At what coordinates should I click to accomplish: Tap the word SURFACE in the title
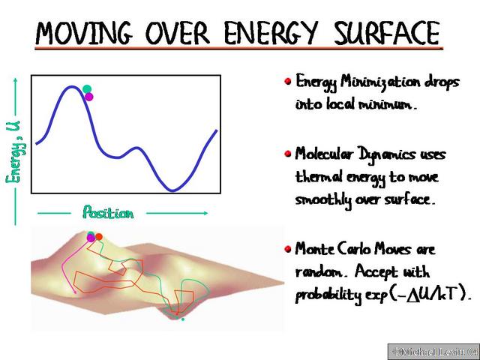385,34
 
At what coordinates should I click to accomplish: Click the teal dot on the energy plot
87,89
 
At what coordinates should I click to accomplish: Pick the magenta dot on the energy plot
89,97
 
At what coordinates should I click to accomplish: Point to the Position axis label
108,213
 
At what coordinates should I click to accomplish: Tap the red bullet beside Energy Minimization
287,81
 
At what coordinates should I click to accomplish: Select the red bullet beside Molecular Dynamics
287,154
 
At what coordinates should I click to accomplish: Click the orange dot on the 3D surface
99,237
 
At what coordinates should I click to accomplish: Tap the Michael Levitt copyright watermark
433,351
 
